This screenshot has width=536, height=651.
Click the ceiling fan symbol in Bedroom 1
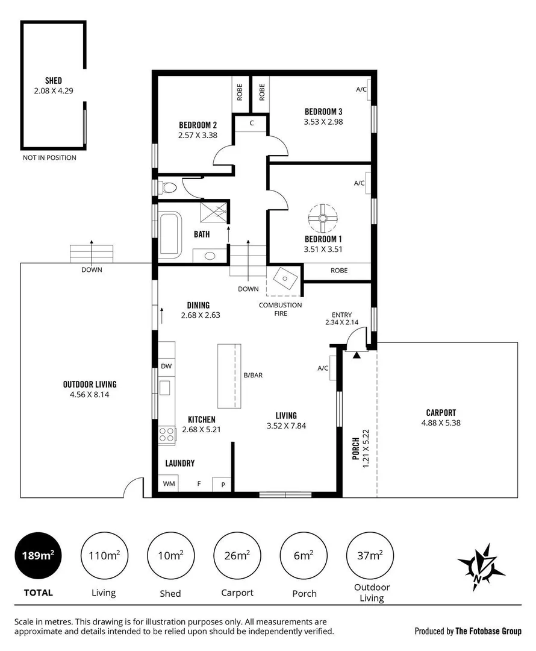point(323,219)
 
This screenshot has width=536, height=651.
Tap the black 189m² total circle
point(37,555)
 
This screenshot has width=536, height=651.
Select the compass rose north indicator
point(480,565)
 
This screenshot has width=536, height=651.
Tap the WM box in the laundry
point(168,483)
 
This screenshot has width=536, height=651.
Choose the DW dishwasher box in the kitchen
point(166,366)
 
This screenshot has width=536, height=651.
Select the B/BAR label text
point(253,375)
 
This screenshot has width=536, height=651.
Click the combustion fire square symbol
point(284,280)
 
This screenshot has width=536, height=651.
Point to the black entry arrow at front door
point(357,356)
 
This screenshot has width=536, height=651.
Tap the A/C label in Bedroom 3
point(361,90)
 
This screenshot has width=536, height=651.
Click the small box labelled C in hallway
point(251,123)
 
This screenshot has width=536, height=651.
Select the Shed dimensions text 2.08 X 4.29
point(54,91)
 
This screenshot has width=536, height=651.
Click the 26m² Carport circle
point(237,555)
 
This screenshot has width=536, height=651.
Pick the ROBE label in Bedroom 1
point(339,271)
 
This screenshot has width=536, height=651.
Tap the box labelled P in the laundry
point(222,484)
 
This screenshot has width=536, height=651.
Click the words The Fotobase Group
point(488,631)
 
